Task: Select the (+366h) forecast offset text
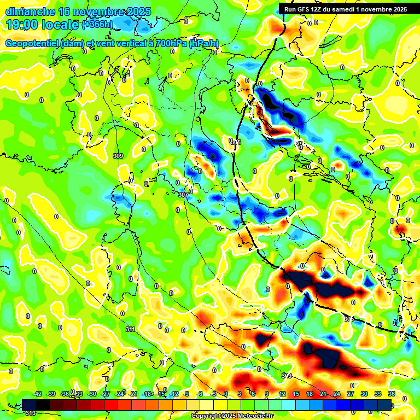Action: click(x=97, y=24)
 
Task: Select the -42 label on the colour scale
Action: click(x=37, y=394)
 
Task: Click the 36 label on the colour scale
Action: click(x=392, y=394)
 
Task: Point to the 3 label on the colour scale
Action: click(x=239, y=394)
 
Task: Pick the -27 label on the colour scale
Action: click(x=106, y=394)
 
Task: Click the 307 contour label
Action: click(x=183, y=194)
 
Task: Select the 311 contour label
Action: click(x=130, y=329)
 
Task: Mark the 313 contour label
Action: click(x=30, y=413)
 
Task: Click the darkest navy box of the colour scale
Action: click(x=384, y=405)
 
